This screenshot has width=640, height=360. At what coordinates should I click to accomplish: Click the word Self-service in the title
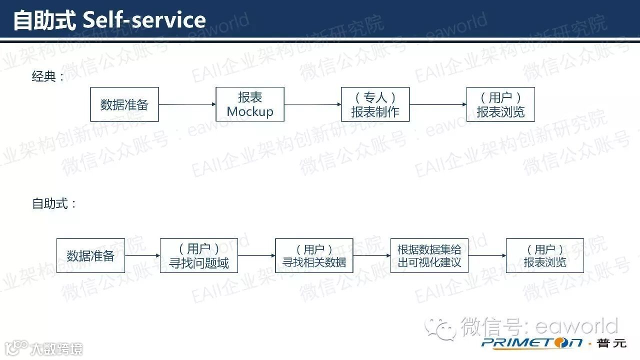(144, 20)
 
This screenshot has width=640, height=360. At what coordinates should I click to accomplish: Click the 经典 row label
(44, 76)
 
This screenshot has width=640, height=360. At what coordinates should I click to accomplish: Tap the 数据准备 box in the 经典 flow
(124, 104)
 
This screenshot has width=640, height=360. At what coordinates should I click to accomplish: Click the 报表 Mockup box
(250, 104)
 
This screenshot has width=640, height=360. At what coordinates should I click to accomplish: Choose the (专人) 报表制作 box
(375, 104)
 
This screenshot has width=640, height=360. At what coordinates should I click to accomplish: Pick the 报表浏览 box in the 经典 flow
(500, 104)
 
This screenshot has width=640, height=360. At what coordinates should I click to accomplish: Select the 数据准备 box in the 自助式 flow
(90, 255)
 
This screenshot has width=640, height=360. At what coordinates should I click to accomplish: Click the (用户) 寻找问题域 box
(198, 255)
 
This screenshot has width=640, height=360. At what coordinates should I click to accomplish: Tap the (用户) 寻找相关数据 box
(314, 255)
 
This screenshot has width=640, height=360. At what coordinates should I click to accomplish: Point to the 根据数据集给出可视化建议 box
(429, 255)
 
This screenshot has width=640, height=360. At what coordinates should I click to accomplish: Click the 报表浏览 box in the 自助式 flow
(544, 255)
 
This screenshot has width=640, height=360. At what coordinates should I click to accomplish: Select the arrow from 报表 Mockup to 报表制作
(312, 104)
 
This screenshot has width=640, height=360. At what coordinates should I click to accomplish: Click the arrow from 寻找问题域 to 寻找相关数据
(256, 255)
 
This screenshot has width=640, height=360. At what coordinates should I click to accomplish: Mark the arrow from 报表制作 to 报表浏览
(438, 104)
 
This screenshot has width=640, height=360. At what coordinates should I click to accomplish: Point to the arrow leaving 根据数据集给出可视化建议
(487, 255)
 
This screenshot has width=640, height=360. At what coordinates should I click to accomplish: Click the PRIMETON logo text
(532, 343)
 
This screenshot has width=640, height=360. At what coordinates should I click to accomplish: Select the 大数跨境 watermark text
(55, 348)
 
